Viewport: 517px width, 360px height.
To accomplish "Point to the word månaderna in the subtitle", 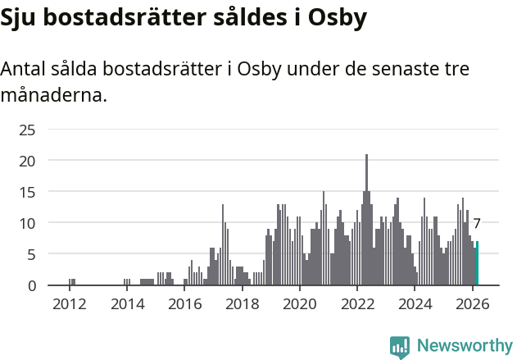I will coord(53,95).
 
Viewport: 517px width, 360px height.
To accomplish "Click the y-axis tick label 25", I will coord(27,130).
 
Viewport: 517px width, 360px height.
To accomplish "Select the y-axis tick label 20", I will coord(27,161).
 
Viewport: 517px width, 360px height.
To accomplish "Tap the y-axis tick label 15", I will coord(27,192).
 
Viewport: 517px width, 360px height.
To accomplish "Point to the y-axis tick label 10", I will coord(27,223).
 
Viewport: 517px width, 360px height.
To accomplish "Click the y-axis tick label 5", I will coord(31,254).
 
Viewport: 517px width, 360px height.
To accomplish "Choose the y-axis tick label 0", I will coord(31,285).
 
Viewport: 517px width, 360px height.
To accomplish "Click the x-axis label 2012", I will coord(69,305).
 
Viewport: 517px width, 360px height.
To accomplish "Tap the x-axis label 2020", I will coord(300,305).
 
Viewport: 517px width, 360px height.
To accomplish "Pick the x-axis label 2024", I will coord(415,305).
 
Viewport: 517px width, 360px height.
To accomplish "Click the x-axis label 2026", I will coord(473,305).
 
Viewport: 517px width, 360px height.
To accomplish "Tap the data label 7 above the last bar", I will coord(477,223).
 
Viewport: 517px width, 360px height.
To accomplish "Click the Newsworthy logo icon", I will coord(400,347).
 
